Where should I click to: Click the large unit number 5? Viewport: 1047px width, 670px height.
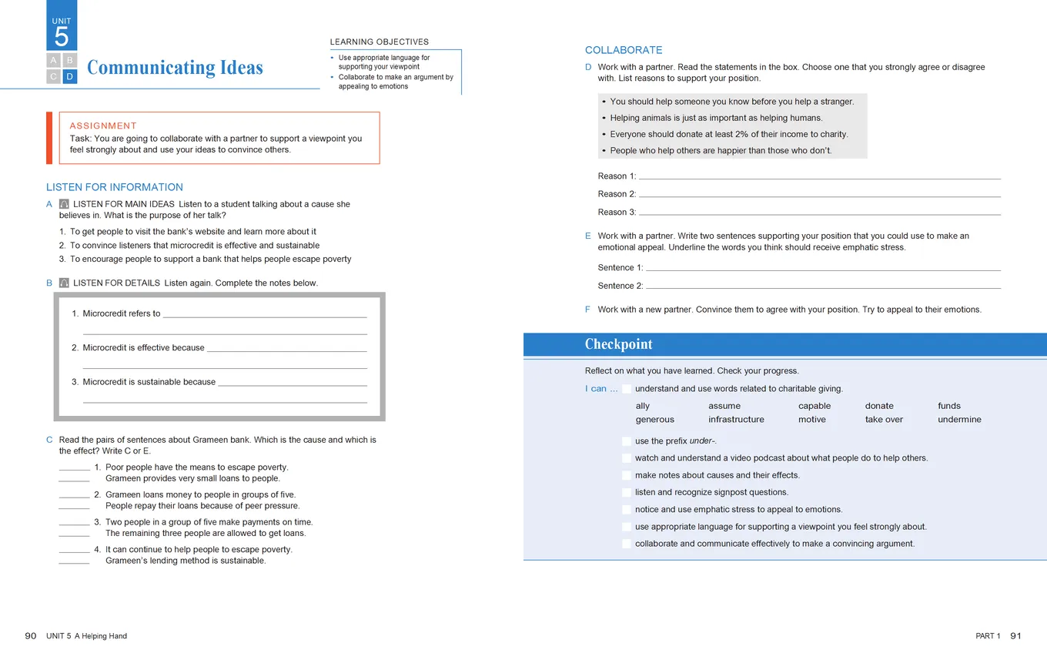click(x=62, y=37)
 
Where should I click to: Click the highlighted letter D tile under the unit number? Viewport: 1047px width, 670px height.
click(x=70, y=76)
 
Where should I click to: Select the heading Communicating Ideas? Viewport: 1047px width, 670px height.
click(x=175, y=68)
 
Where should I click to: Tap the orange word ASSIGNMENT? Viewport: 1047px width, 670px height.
click(x=103, y=126)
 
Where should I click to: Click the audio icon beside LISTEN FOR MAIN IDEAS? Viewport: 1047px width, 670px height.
click(x=64, y=204)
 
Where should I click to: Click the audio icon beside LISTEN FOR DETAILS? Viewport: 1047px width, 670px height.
click(x=64, y=283)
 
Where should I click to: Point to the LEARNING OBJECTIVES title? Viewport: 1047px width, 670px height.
click(x=380, y=42)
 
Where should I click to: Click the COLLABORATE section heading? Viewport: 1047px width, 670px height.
click(x=624, y=50)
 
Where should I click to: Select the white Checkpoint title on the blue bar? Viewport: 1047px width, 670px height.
click(x=618, y=344)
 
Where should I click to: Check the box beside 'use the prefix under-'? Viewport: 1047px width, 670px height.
click(x=627, y=441)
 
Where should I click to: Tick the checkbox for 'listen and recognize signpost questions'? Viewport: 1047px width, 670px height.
click(x=627, y=492)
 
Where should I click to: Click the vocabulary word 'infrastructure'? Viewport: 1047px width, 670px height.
click(x=736, y=420)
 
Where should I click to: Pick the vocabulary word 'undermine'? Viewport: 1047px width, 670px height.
click(x=959, y=420)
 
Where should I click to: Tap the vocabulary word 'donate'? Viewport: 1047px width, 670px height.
click(x=879, y=406)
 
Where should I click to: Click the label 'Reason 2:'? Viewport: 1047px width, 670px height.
click(x=617, y=194)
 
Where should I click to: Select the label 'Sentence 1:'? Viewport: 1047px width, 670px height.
click(x=621, y=268)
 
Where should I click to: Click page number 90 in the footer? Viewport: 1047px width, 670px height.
click(x=31, y=636)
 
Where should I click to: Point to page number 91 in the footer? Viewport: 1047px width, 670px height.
click(x=1015, y=636)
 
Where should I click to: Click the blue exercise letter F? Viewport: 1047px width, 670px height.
click(x=587, y=310)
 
